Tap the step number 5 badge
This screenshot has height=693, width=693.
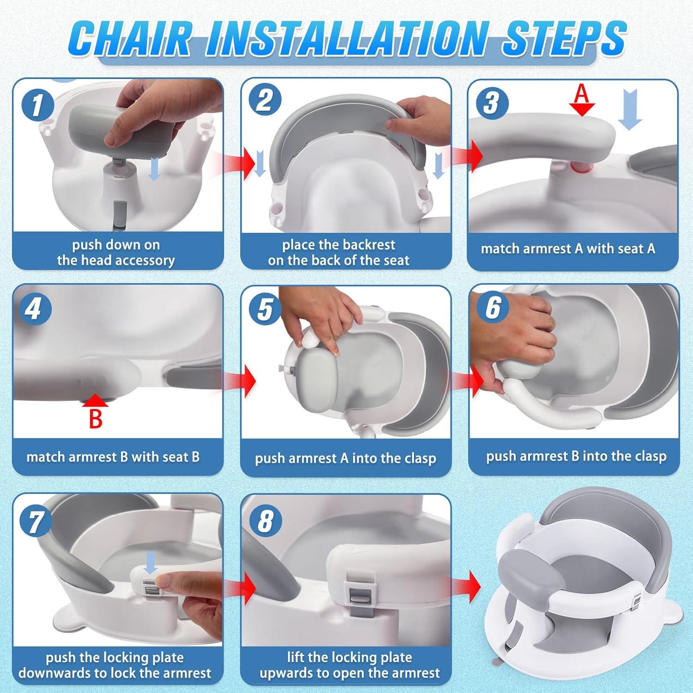pyautogui.click(x=265, y=309)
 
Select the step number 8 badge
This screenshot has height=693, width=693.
pyautogui.click(x=265, y=521)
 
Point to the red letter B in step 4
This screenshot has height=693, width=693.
pyautogui.click(x=95, y=419)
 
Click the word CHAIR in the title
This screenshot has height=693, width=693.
pyautogui.click(x=131, y=39)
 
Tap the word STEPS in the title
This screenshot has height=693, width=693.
pyautogui.click(x=564, y=39)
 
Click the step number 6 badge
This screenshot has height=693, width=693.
pyautogui.click(x=493, y=307)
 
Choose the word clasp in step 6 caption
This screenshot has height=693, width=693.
pyautogui.click(x=650, y=456)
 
